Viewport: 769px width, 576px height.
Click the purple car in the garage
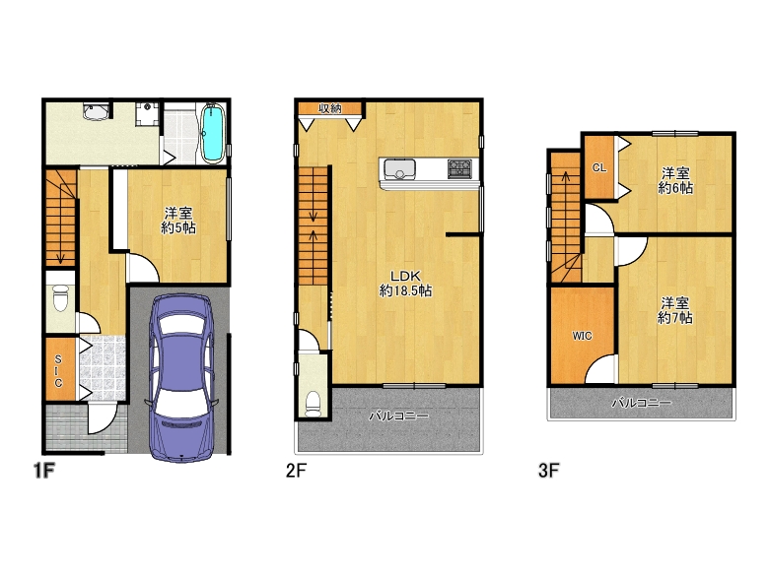point(182,378)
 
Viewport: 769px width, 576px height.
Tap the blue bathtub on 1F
point(213,133)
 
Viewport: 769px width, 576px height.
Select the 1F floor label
point(43,471)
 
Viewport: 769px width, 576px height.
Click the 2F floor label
point(296,471)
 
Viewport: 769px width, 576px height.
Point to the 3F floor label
point(549,471)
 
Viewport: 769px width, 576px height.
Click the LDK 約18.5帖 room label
point(405,284)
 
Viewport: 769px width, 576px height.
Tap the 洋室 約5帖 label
point(178,221)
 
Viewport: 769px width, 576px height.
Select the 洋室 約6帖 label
point(675,181)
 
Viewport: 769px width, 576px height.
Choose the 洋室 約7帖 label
point(674,310)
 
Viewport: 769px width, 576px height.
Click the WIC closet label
point(582,336)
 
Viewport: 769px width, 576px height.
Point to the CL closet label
point(599,168)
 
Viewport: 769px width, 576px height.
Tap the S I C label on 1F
point(58,371)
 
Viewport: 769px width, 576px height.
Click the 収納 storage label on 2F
point(330,108)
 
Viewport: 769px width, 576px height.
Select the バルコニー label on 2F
point(398,416)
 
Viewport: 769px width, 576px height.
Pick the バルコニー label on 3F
point(642,403)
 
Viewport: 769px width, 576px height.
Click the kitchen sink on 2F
point(399,169)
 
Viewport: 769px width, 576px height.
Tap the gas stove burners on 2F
point(459,169)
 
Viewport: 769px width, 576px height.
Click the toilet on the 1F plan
point(60,297)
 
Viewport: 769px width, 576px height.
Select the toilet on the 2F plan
point(313,404)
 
